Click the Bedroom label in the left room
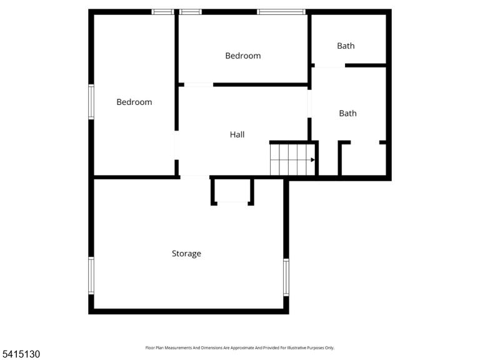[134, 102]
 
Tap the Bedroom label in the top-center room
[243, 56]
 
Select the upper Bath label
[346, 46]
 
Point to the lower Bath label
[347, 113]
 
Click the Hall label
[237, 134]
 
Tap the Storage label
[186, 254]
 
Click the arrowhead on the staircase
[312, 160]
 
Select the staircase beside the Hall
[292, 160]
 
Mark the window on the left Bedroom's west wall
[91, 102]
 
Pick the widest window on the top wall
[281, 12]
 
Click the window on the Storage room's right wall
[286, 277]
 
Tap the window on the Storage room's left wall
[91, 276]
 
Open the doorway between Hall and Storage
[195, 177]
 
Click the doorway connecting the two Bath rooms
[330, 66]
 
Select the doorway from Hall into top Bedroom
[199, 84]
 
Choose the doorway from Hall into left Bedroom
[176, 145]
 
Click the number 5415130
[20, 354]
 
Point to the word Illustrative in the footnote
[296, 347]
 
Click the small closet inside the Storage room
[232, 191]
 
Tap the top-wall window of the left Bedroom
[162, 12]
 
